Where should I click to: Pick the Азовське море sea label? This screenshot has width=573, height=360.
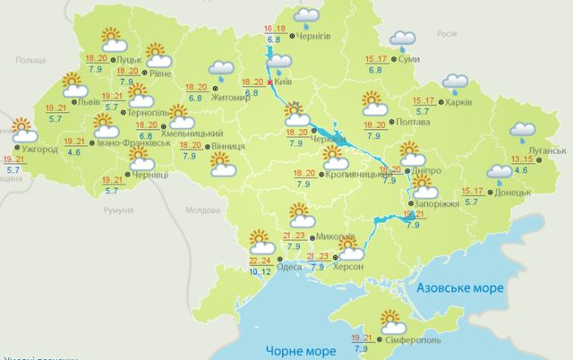[x=461, y=288]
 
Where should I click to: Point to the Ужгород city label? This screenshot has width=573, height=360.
[x=39, y=149]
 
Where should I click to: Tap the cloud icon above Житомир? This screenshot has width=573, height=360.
[x=219, y=69]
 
